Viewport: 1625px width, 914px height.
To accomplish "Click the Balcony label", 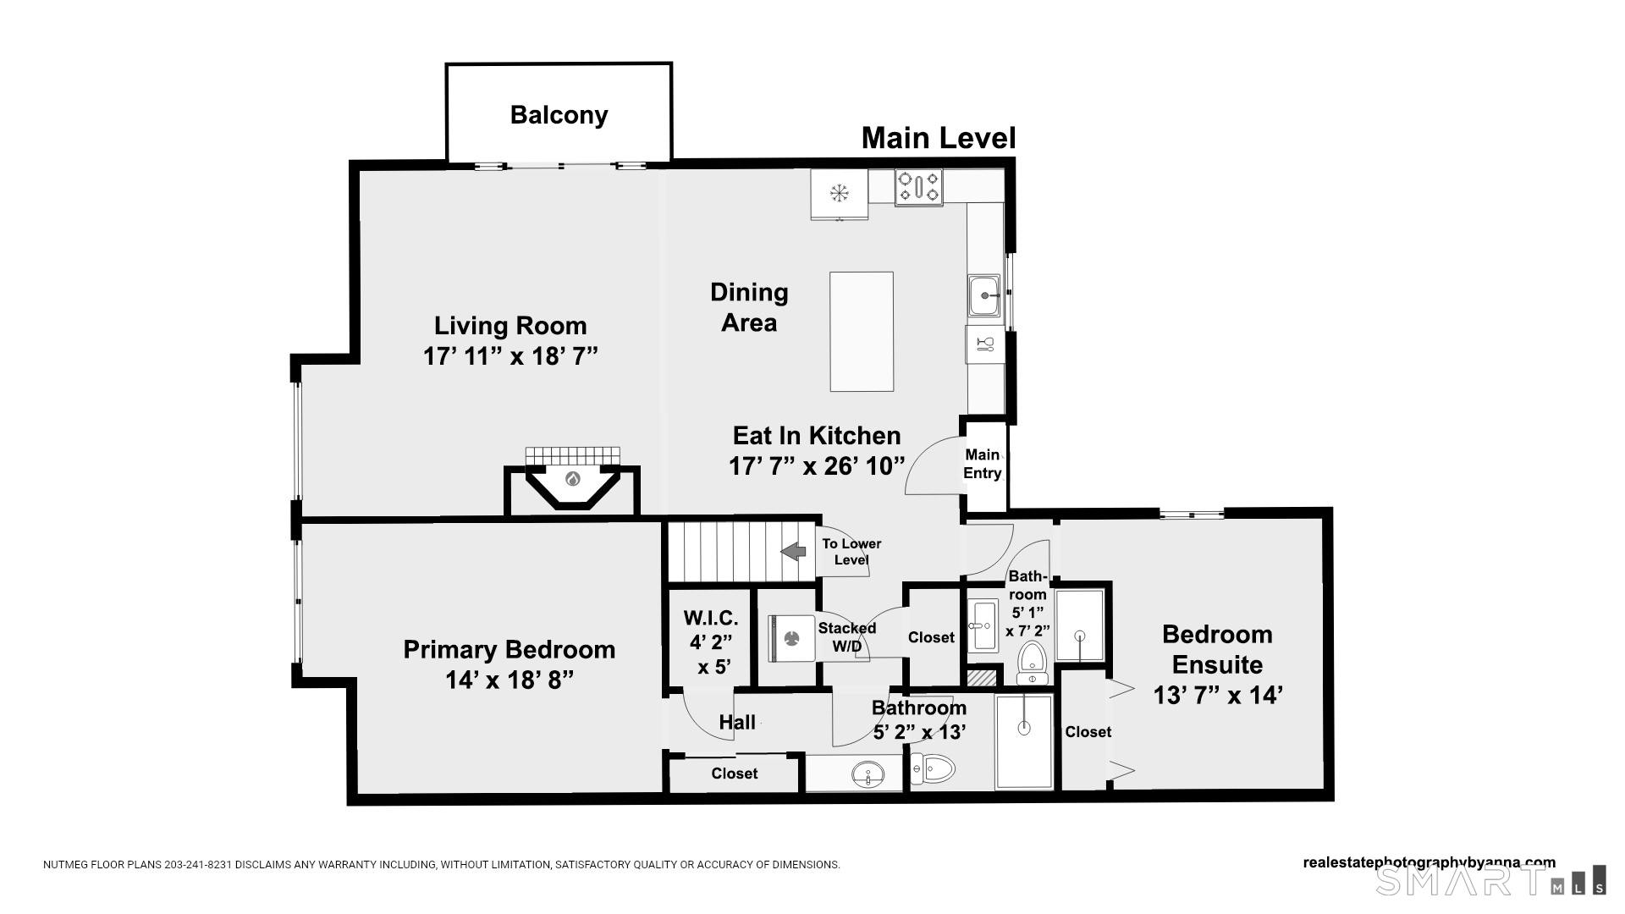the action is point(559,115).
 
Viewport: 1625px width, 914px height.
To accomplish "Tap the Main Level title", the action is point(939,138).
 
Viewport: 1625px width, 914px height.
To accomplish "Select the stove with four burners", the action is point(918,187).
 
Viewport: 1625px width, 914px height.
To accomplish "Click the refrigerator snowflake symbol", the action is point(839,194).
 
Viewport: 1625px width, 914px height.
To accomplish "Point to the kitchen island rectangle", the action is point(862,332).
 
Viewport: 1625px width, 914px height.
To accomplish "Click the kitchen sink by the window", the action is point(984,295).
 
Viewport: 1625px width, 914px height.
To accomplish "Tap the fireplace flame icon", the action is point(573,479).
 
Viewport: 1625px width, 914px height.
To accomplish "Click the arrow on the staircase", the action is point(793,552).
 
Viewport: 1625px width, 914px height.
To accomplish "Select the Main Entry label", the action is point(983,464).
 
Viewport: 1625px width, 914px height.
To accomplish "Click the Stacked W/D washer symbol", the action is point(792,638).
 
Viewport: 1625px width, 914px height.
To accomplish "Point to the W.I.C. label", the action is point(711,619).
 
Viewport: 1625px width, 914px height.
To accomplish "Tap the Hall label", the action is point(737,722).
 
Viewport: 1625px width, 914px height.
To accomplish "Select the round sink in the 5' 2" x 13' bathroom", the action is point(867,774).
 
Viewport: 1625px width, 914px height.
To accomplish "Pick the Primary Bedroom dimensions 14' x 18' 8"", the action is point(510,680).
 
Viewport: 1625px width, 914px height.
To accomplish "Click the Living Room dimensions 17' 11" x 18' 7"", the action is point(510,355).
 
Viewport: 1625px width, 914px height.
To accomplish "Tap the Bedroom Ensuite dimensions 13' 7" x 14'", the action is point(1218,695).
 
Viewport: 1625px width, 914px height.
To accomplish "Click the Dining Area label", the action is point(749,307).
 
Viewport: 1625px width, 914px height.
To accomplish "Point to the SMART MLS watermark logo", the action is point(1490,880).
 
